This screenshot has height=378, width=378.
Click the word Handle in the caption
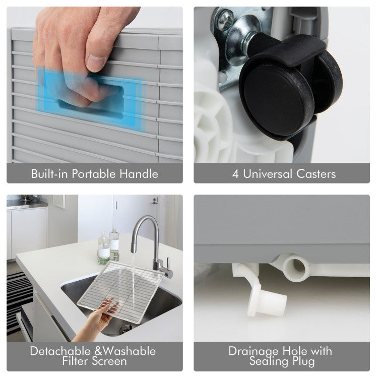pyautogui.click(x=139, y=173)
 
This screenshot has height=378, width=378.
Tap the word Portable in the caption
pyautogui.click(x=94, y=173)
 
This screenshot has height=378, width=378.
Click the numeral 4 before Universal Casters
pyautogui.click(x=235, y=174)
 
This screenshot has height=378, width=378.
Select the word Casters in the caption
pyautogui.click(x=316, y=174)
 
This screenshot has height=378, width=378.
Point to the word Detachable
pyautogui.click(x=60, y=351)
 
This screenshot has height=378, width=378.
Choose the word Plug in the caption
pyautogui.click(x=303, y=361)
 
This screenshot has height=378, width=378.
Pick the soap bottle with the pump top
pyautogui.click(x=104, y=248)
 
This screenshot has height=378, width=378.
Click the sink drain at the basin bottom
pyautogui.click(x=126, y=328)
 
